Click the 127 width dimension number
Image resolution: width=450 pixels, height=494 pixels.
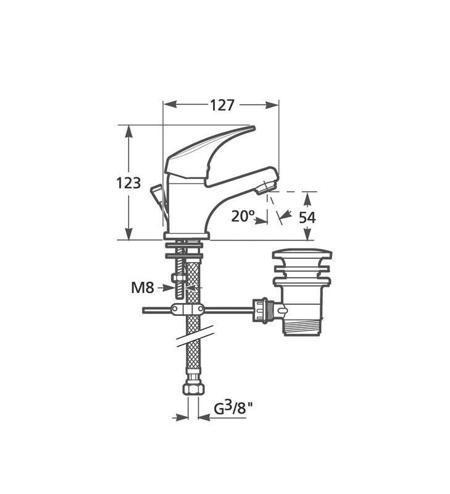222,105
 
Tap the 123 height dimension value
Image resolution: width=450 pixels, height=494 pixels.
128,183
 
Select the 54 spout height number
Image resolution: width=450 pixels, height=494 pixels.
307,218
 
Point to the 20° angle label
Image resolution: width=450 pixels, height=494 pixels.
243,216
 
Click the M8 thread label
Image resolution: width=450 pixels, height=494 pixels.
143,287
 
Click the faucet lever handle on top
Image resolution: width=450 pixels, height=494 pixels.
209,155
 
